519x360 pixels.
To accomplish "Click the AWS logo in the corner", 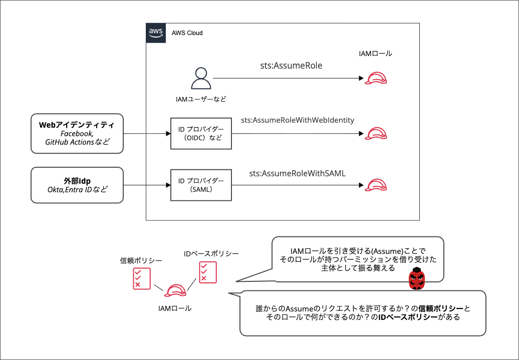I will click(156, 33).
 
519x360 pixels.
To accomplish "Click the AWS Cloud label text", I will click(187, 33).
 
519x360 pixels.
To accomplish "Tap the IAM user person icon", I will click(200, 78).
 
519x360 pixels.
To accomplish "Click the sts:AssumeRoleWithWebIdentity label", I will click(298, 120).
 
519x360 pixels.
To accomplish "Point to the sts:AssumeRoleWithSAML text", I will click(298, 174).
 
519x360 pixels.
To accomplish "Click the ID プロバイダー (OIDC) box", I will click(201, 134).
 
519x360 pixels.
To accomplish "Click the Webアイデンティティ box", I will click(77, 133).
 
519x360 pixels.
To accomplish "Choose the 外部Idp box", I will click(77, 185).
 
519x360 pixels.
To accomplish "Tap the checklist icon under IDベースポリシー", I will click(207, 272).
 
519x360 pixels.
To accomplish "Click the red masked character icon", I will click(416, 278).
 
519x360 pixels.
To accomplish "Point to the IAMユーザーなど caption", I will click(200, 99).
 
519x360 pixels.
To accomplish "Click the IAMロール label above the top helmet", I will click(376, 54).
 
